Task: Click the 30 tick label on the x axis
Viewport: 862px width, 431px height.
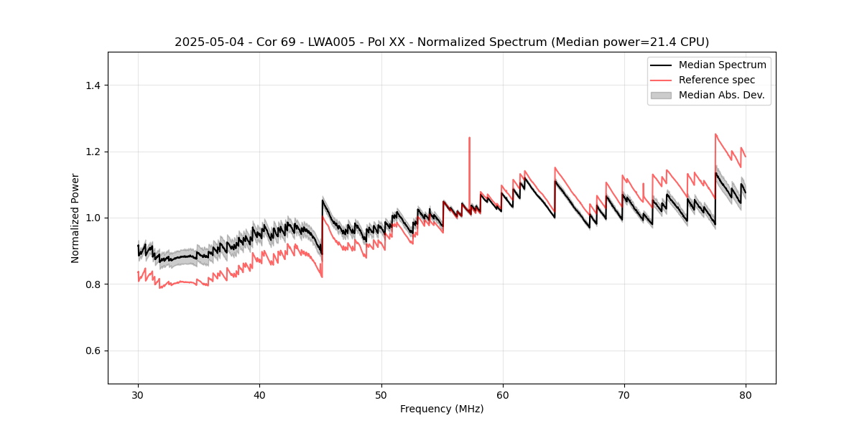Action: [138, 395]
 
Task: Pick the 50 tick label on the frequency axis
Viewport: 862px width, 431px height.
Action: [381, 395]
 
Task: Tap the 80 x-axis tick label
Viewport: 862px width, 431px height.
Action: [746, 395]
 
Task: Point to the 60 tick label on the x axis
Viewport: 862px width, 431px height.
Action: [503, 395]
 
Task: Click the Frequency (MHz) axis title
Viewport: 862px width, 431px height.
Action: [442, 409]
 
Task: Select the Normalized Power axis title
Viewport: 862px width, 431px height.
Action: [75, 218]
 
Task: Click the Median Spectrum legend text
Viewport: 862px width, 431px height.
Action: [722, 65]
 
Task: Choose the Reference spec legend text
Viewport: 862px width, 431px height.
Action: [717, 80]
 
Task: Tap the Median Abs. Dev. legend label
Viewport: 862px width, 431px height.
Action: [721, 95]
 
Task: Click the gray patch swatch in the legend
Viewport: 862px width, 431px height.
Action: [661, 95]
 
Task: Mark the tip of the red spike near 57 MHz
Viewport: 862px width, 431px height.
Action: [469, 137]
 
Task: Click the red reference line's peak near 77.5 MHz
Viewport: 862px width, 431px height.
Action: [715, 134]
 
